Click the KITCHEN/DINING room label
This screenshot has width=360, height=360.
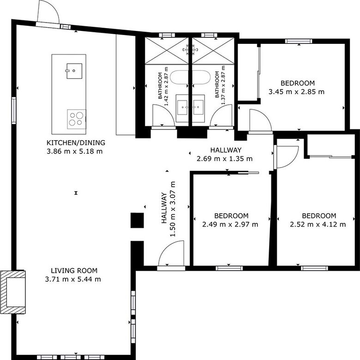tap(76, 143)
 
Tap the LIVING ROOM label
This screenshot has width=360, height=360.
tap(74, 270)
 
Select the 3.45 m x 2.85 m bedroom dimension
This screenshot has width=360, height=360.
tap(296, 92)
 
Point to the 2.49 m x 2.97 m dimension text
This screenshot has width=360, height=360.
tap(230, 224)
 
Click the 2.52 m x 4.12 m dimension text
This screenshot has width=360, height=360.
tap(318, 224)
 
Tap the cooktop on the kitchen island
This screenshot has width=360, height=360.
tap(77, 119)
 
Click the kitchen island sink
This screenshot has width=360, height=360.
tap(74, 71)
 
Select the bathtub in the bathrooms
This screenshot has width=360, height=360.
tap(190, 77)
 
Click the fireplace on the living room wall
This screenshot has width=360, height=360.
tap(13, 292)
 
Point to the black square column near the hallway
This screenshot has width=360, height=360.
tap(137, 221)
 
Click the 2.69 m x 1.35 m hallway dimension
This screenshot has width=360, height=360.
tap(225, 159)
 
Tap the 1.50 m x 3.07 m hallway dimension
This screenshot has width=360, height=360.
tap(172, 209)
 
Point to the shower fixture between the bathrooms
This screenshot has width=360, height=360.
tap(190, 49)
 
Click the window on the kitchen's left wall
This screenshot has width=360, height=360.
tap(14, 111)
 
